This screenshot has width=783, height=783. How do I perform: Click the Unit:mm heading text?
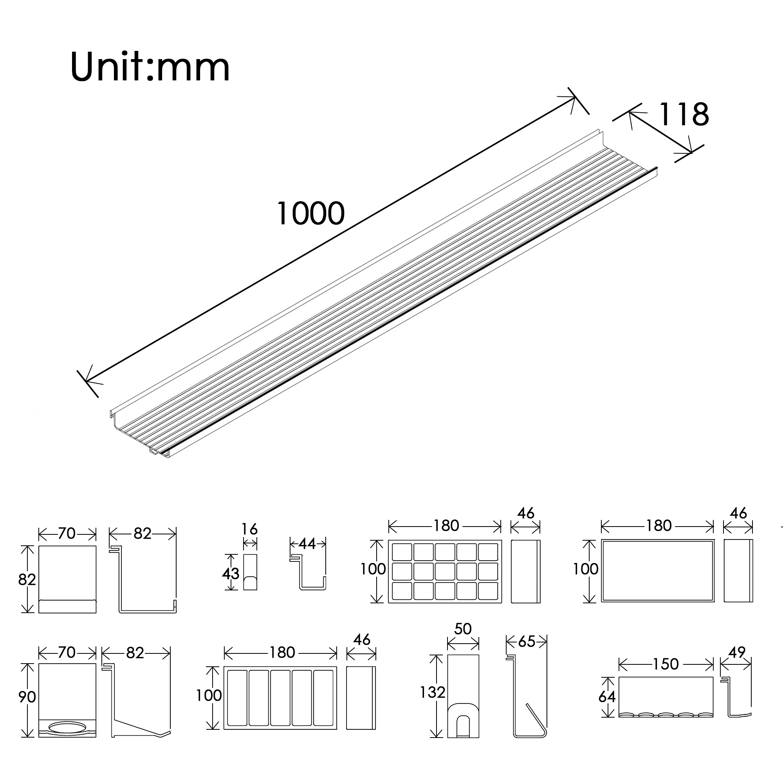point(150,67)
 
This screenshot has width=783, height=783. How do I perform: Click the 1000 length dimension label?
point(310,213)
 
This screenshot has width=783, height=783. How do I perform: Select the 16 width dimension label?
point(249,529)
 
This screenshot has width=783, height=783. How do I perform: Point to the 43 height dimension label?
point(230,574)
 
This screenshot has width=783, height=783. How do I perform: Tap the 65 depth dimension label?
point(527,642)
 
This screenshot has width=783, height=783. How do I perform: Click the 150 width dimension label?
point(665,664)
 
